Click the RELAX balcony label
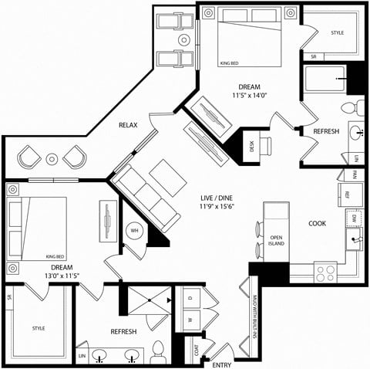(x=128, y=124)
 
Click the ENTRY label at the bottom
(x=222, y=364)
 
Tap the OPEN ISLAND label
(x=276, y=240)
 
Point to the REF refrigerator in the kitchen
(x=347, y=195)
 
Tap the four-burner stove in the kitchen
(x=326, y=272)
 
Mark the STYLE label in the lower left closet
(x=38, y=328)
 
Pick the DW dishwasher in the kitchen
(x=351, y=219)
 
